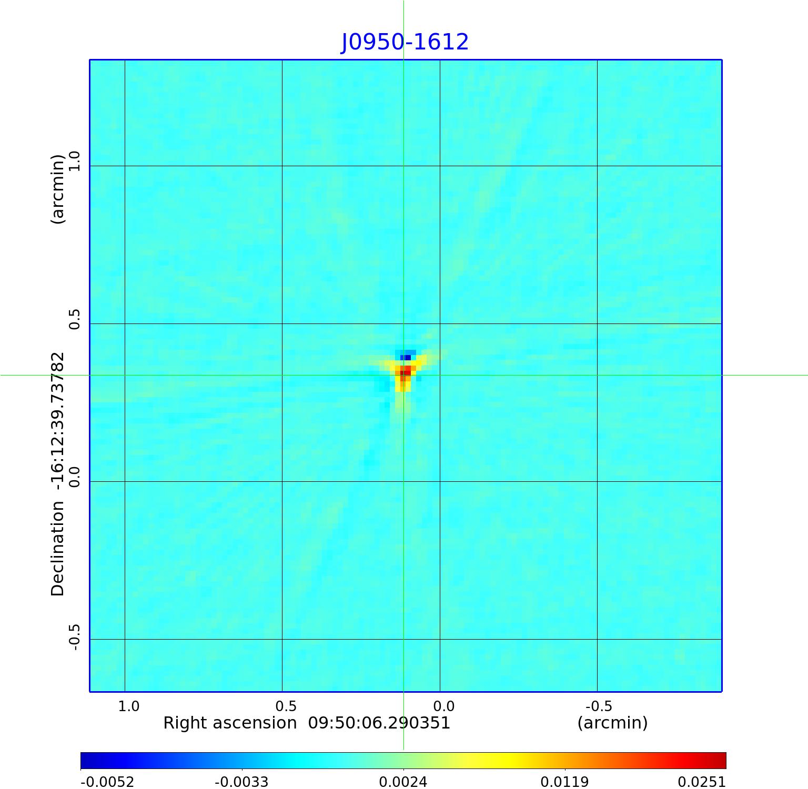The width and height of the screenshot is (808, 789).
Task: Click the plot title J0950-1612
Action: click(405, 42)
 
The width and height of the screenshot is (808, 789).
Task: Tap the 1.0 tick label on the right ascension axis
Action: click(129, 706)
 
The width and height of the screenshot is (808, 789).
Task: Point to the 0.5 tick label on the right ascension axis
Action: click(286, 706)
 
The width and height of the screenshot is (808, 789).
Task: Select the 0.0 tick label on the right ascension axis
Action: click(443, 706)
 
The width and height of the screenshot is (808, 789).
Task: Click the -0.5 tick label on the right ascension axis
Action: click(599, 706)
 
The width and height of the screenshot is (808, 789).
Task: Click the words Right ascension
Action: click(230, 723)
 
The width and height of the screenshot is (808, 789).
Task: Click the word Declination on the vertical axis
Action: click(57, 549)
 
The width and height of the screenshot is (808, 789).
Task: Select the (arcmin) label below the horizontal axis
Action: click(612, 723)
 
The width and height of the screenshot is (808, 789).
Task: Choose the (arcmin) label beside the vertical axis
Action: click(57, 189)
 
